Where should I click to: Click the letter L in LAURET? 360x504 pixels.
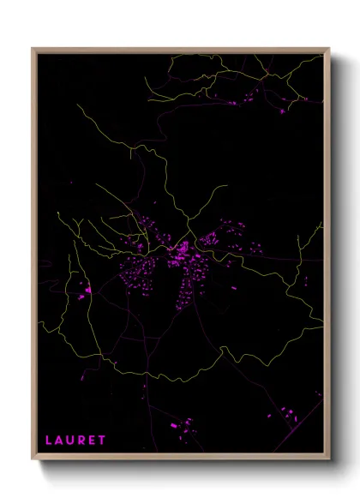tap(49, 441)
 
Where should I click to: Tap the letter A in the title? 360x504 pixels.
tap(60, 441)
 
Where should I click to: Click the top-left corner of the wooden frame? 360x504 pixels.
tap(33, 49)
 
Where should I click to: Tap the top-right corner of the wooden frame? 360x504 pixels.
tap(328, 49)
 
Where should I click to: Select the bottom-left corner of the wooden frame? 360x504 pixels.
tap(33, 460)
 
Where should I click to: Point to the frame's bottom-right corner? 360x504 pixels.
tap(328, 460)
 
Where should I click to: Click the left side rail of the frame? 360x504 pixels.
tap(33, 257)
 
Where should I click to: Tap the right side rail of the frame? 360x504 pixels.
tap(328, 257)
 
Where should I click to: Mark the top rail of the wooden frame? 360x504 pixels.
tap(180, 49)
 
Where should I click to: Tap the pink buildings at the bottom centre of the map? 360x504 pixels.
tap(183, 425)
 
